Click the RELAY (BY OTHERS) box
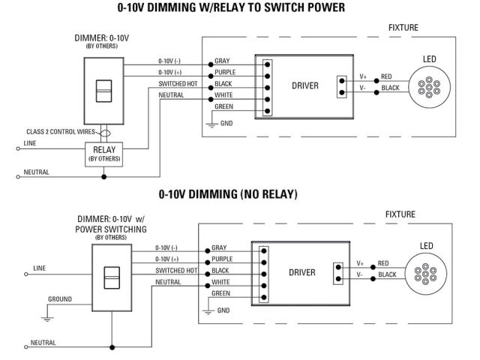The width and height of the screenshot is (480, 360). click(104, 154)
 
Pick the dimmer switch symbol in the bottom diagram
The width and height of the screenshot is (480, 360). click(110, 277)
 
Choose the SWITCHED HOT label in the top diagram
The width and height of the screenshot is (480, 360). click(178, 83)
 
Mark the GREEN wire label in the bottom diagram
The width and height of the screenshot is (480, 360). click(220, 293)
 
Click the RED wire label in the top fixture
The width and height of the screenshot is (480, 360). click(385, 76)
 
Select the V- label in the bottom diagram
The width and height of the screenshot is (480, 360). click(361, 275)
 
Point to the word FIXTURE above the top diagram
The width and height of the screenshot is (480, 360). click(403, 28)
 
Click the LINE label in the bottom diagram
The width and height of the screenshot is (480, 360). click(40, 267)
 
